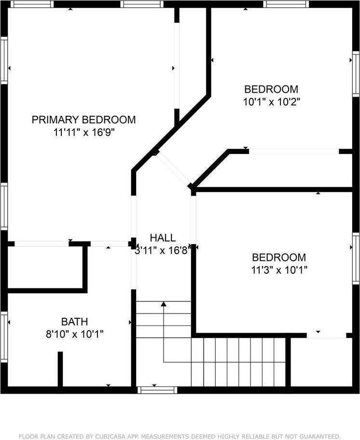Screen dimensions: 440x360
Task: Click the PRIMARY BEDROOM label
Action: point(83,120)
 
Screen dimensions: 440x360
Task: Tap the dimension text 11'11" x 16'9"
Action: point(83,132)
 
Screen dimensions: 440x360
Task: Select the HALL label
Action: point(163,238)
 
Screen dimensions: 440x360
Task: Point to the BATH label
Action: point(74,321)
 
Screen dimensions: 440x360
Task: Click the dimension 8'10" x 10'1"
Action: point(74,334)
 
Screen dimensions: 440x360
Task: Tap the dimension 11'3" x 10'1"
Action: point(279,270)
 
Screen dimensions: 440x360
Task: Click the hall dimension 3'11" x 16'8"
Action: point(163,250)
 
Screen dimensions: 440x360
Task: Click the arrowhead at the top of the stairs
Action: point(164,304)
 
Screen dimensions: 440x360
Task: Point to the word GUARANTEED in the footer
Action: point(318,436)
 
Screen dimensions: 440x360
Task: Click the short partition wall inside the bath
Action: point(60,369)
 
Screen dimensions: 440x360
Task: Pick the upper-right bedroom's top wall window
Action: point(286,4)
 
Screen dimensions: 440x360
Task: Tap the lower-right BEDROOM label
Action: point(279,257)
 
